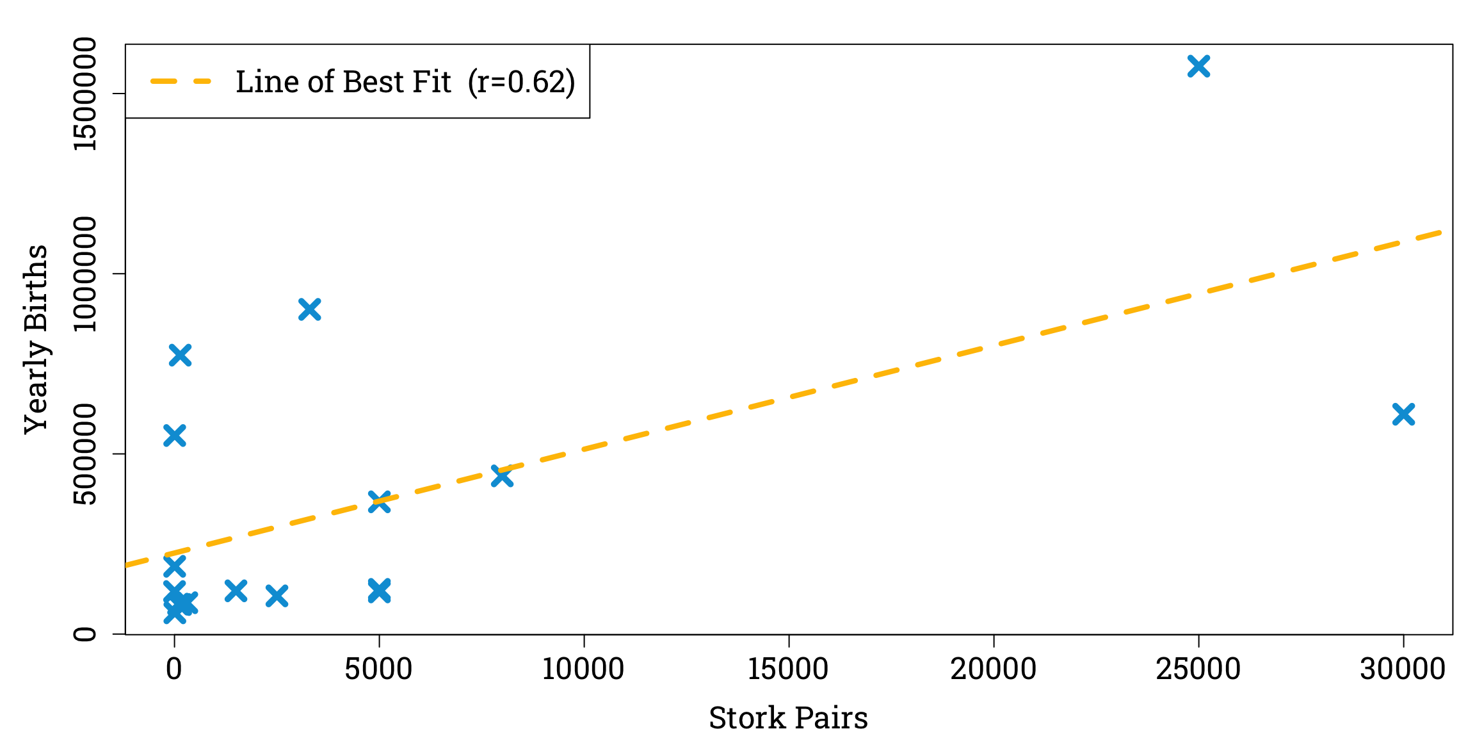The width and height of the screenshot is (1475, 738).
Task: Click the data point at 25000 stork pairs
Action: [1198, 66]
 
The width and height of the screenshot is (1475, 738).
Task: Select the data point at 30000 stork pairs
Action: [1403, 414]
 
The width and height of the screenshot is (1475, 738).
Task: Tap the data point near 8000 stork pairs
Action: [502, 476]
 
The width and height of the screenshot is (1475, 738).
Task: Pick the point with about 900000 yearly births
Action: [309, 310]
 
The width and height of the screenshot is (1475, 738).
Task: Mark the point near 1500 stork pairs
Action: [236, 591]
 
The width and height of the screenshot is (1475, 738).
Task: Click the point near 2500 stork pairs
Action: [277, 596]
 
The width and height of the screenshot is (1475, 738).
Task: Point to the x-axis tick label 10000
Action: [583, 669]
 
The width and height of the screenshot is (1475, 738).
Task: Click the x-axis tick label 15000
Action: [788, 669]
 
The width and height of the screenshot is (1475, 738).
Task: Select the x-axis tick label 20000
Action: [993, 669]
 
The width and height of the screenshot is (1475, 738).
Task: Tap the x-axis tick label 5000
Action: [378, 669]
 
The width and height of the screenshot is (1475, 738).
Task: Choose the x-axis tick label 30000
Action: [1403, 669]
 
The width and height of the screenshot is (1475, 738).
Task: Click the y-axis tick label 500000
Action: [85, 454]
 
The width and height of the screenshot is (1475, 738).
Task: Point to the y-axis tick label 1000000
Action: [85, 274]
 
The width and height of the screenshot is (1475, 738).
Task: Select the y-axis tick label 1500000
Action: [85, 94]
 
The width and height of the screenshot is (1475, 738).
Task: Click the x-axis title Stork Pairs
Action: [788, 718]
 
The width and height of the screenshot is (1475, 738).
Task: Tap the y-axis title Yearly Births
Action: [36, 339]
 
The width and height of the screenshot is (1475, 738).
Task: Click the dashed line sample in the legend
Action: [181, 81]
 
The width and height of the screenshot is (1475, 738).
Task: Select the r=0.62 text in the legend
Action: [521, 82]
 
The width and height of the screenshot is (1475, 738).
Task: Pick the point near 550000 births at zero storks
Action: [175, 436]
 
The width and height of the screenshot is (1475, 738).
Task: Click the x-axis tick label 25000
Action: [1198, 669]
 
